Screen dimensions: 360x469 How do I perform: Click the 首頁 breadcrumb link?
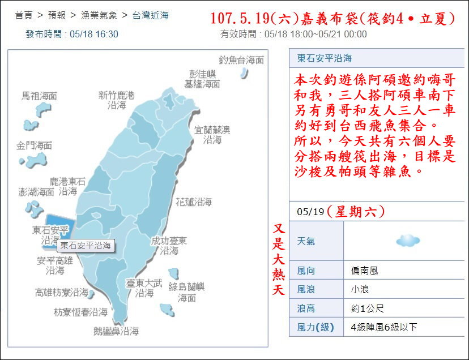click(23, 15)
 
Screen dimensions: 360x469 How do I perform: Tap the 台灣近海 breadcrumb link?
click(150, 15)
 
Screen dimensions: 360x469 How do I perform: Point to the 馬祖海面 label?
click(39, 96)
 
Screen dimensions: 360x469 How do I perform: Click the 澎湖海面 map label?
click(36, 192)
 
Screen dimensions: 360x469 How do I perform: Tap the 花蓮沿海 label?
click(193, 202)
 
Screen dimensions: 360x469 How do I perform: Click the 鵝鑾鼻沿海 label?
click(116, 331)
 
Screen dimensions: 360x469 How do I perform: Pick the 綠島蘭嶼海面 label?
click(187, 292)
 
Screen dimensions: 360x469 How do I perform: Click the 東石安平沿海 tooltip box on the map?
click(86, 246)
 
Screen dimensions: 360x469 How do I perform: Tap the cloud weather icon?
click(408, 241)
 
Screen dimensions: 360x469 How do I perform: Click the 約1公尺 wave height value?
click(367, 308)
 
